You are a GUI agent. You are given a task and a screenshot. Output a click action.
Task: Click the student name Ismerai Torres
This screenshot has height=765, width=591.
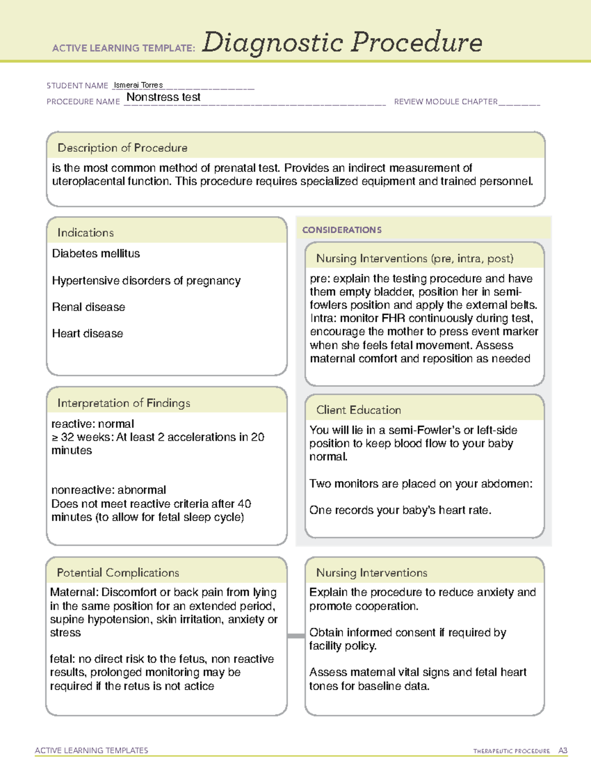(x=138, y=85)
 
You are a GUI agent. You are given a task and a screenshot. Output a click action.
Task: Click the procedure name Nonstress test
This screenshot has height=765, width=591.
(x=163, y=97)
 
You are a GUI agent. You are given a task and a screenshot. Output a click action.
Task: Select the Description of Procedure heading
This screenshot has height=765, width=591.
(x=122, y=148)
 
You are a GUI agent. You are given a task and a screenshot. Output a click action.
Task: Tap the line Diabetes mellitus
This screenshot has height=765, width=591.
(x=96, y=254)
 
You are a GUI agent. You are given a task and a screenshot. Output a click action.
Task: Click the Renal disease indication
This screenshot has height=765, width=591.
(x=89, y=307)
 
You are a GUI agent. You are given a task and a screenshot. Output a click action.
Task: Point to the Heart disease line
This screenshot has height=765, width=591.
(x=88, y=333)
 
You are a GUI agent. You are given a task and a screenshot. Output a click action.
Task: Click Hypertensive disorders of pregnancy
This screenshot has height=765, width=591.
(x=146, y=281)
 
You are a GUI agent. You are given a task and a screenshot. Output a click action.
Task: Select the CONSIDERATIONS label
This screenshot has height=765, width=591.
(x=342, y=230)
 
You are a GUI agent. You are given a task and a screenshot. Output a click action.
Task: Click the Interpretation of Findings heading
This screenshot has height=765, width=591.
(x=124, y=403)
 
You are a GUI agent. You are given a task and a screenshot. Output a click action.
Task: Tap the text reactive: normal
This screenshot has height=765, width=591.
(x=93, y=424)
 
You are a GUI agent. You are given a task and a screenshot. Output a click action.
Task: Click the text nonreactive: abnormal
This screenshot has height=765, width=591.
(x=108, y=490)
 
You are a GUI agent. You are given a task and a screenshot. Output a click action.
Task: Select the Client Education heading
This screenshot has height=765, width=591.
(x=359, y=410)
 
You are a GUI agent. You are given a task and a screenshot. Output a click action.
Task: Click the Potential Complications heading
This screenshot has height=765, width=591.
(x=118, y=573)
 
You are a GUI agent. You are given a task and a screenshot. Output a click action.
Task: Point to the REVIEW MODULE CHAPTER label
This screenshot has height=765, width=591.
(x=446, y=101)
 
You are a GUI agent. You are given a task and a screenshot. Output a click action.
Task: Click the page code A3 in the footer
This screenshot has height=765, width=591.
(x=562, y=751)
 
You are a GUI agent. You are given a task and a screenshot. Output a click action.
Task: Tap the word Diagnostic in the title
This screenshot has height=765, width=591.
(x=272, y=42)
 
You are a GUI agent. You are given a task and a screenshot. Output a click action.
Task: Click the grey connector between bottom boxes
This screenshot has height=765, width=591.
(x=296, y=636)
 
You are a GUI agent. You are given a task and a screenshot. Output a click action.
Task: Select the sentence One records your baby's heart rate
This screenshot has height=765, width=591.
(x=400, y=510)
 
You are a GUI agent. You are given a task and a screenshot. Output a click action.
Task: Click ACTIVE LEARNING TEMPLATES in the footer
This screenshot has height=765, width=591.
(x=91, y=750)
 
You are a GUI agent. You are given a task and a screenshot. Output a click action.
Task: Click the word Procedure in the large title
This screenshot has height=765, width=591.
(x=417, y=42)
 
